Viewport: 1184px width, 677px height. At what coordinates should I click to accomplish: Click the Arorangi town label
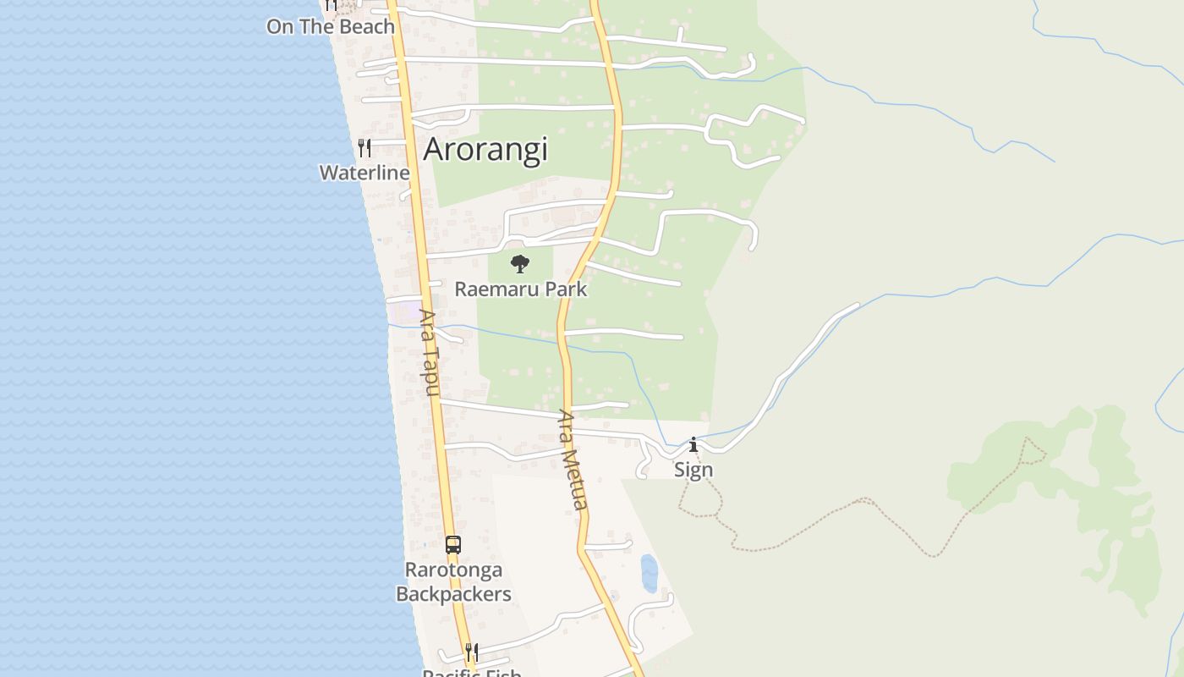coord(485,149)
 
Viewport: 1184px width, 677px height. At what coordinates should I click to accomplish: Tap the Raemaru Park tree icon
coord(520,263)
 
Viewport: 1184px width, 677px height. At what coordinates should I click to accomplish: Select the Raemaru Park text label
coord(520,289)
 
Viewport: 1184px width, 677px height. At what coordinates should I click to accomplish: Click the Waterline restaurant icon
coord(365,148)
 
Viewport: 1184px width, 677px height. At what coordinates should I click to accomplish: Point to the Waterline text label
coord(365,173)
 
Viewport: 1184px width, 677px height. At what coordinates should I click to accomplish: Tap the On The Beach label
coord(331,26)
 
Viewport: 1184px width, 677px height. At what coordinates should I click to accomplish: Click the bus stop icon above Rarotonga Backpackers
coord(453,544)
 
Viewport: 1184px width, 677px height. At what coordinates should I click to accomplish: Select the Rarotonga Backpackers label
coord(453,581)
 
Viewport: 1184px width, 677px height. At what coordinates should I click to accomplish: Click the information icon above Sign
coord(693,444)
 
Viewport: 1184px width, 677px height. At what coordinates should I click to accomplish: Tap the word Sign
coord(693,470)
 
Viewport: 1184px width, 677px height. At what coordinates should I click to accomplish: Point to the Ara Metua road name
coord(573,460)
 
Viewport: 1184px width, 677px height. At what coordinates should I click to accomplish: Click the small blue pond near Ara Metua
coord(650,573)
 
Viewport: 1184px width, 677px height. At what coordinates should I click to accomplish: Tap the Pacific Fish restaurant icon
coord(471,652)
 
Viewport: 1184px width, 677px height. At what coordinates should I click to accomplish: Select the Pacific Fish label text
coord(471,673)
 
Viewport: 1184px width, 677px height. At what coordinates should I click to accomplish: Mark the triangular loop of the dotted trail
coord(1032,453)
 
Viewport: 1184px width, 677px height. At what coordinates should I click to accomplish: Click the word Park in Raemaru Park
coord(566,289)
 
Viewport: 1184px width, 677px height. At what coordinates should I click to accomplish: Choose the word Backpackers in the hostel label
coord(453,594)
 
